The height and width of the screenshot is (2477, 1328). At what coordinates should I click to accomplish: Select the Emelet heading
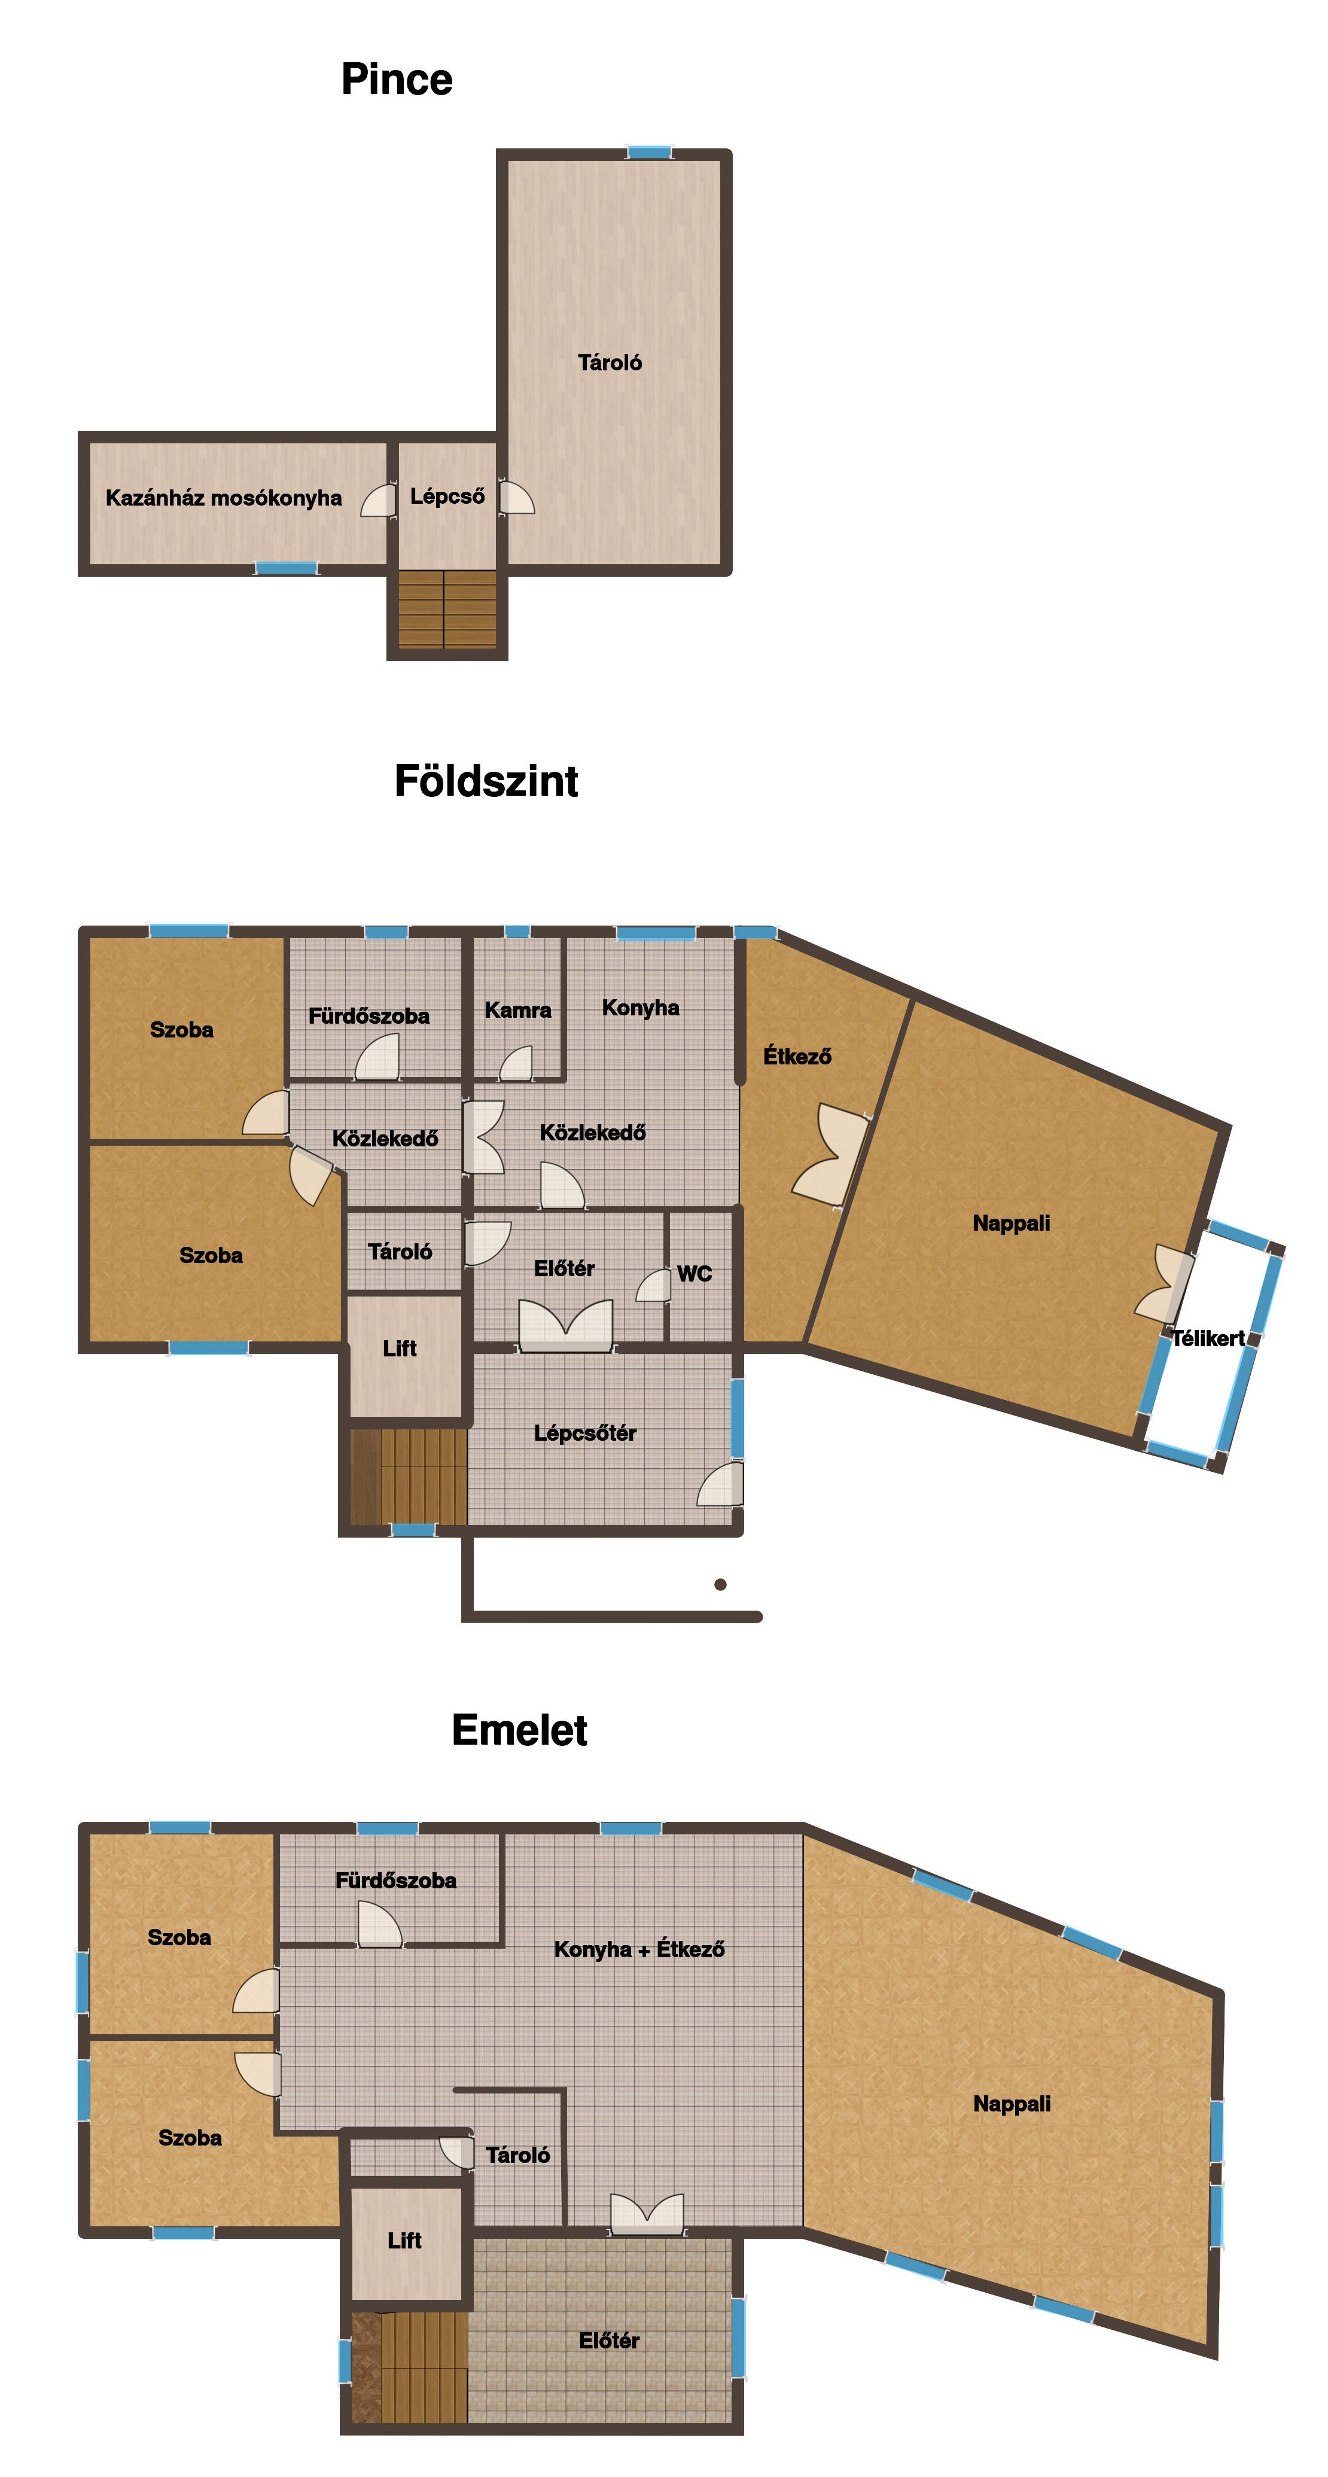519,1729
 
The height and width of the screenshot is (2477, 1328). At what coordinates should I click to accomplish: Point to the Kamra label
517,1010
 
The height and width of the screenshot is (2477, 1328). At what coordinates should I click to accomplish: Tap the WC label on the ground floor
695,1274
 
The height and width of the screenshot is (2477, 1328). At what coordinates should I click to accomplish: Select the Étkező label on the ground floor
797,1056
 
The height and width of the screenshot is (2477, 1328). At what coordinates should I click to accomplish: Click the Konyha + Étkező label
639,1949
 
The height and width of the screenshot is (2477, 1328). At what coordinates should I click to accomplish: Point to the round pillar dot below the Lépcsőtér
720,1585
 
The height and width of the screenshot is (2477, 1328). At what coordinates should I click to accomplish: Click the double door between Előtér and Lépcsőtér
565,1325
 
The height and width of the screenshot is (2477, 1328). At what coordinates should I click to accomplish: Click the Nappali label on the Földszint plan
1011,1223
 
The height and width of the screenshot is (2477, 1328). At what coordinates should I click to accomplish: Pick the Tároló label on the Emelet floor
517,2155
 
